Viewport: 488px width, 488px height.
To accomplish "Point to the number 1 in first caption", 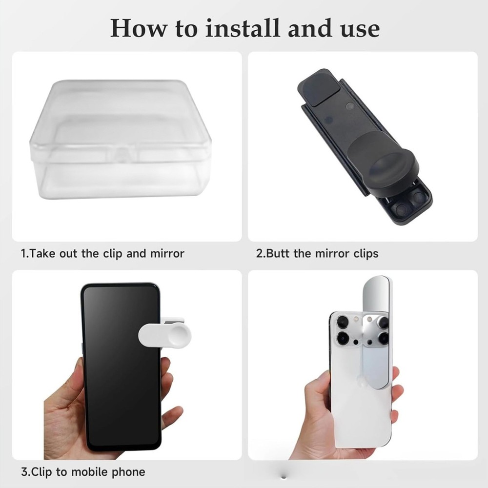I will pyautogui.click(x=23, y=254).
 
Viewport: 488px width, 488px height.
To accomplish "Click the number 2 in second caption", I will pyautogui.click(x=259, y=254).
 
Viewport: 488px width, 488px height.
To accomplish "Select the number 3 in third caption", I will pyautogui.click(x=23, y=472).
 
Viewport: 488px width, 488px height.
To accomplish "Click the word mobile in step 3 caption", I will pyautogui.click(x=90, y=472).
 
